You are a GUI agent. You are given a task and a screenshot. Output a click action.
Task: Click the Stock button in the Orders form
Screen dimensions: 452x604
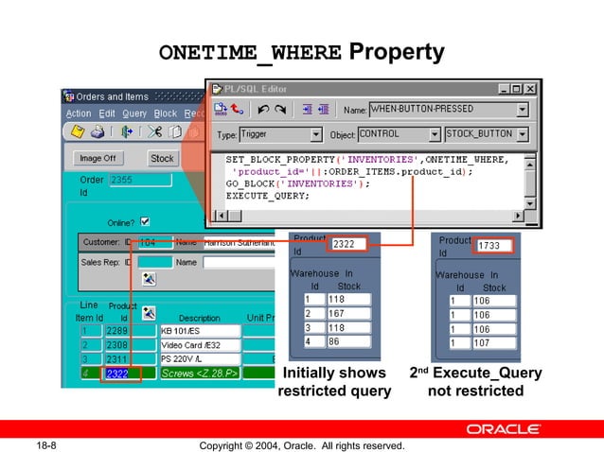point(162,158)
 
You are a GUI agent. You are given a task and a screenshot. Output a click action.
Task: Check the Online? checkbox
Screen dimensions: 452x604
point(145,221)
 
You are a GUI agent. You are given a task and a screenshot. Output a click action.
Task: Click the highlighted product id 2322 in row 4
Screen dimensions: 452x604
point(118,374)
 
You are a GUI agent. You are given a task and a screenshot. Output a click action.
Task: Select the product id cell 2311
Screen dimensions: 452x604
point(118,359)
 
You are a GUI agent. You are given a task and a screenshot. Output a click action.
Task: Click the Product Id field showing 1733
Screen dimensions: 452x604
point(493,246)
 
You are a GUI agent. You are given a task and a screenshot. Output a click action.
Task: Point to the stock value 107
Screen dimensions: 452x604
point(492,343)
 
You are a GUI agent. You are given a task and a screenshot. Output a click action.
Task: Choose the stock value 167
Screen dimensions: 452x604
point(348,313)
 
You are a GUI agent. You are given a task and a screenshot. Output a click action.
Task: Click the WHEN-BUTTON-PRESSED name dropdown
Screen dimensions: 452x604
point(448,110)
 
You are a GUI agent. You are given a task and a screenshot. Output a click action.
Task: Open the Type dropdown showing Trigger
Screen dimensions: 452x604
point(281,134)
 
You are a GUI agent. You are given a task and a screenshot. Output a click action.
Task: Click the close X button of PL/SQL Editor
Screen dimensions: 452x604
point(530,89)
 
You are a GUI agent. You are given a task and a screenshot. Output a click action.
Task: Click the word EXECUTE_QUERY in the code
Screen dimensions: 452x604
point(267,196)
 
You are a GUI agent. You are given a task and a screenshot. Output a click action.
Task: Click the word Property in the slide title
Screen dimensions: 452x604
point(397,51)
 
